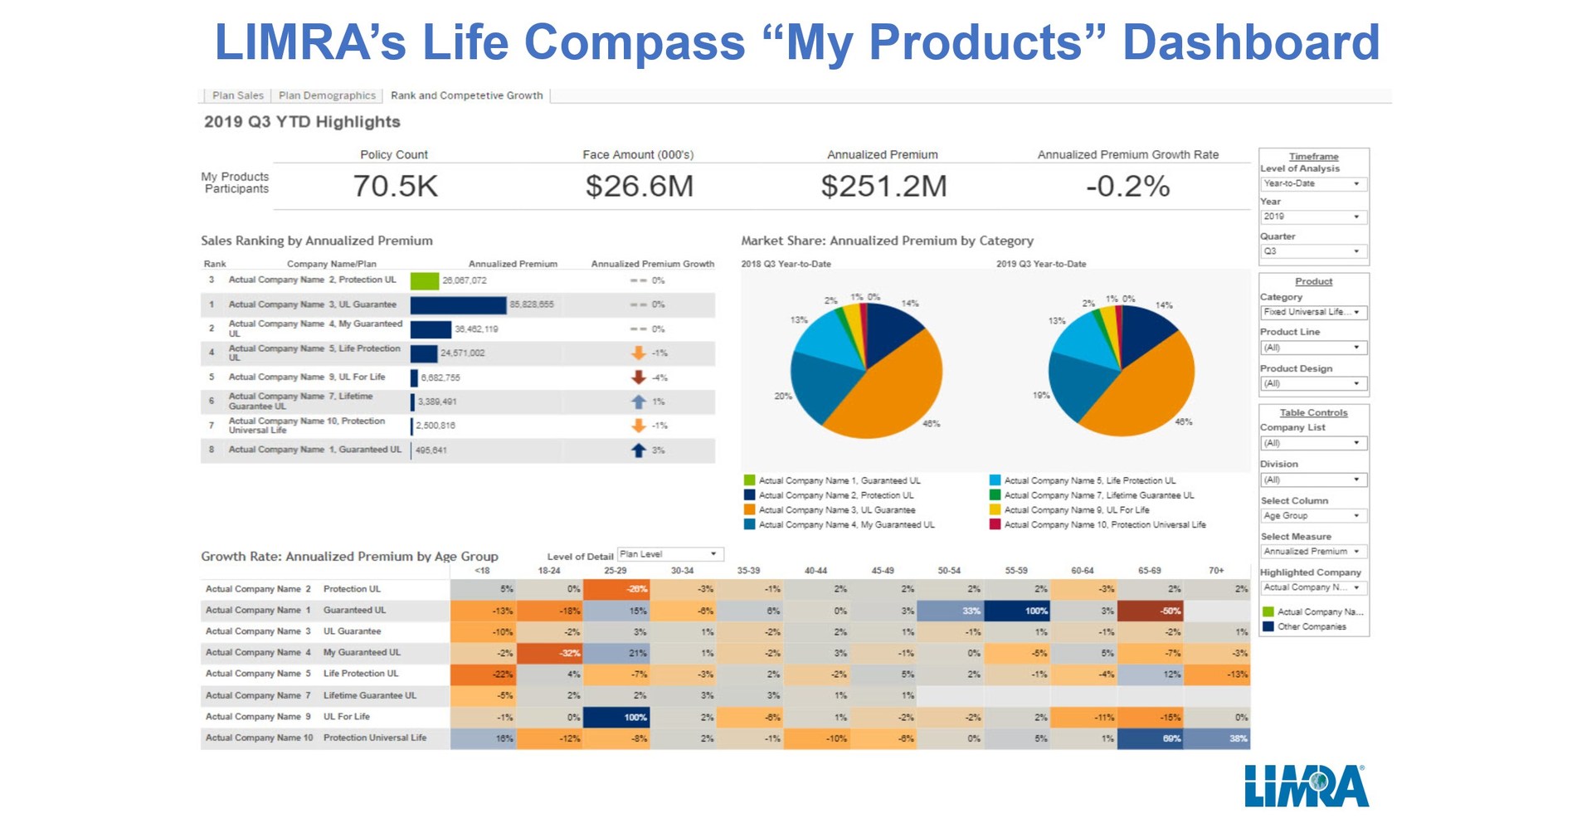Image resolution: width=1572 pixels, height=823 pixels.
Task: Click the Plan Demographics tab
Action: (x=327, y=95)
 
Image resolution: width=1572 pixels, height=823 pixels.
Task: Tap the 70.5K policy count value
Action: (x=395, y=186)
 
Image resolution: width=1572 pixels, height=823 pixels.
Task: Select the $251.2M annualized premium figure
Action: (x=883, y=186)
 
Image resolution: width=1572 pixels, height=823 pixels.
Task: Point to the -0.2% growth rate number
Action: (x=1127, y=186)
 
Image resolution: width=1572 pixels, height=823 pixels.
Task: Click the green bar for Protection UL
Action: (x=425, y=280)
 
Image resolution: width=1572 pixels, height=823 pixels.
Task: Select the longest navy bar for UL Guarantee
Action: (x=458, y=304)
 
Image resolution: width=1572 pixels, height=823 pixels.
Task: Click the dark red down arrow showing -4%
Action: (x=638, y=377)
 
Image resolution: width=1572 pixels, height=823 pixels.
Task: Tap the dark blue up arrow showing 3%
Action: (x=638, y=450)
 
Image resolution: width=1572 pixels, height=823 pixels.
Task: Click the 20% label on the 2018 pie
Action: (x=782, y=397)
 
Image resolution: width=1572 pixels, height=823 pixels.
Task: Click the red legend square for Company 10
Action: (x=995, y=524)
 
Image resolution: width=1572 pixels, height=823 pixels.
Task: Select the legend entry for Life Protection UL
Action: (x=1089, y=480)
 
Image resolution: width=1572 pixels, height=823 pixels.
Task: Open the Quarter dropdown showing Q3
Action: (x=1312, y=251)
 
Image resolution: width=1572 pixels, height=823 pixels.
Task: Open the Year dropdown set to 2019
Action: (x=1312, y=217)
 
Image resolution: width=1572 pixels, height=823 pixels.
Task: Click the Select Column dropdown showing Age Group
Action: (x=1312, y=516)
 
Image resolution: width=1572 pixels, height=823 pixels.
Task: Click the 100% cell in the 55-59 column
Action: (x=1017, y=611)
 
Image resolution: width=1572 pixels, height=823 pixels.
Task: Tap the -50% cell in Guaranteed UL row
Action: (x=1150, y=611)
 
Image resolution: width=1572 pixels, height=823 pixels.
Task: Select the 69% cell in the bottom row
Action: (x=1150, y=738)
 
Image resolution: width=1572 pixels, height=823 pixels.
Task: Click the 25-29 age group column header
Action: (x=615, y=571)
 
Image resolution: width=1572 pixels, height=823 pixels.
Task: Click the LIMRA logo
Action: (x=1306, y=786)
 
